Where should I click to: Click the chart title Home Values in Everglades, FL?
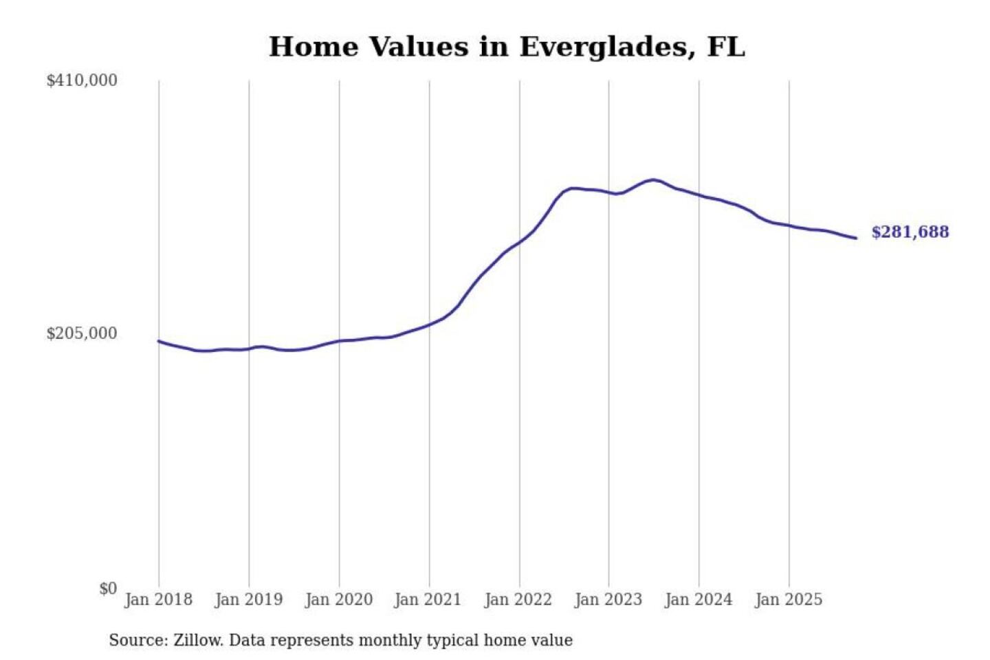tap(507, 47)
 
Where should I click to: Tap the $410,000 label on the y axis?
tap(82, 80)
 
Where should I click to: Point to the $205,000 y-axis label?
tap(82, 333)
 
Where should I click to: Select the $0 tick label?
tap(108, 588)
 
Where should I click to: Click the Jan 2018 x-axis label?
tap(158, 599)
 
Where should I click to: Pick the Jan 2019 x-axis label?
tap(248, 599)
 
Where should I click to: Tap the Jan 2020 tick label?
tap(338, 599)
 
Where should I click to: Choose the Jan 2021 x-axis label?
tap(428, 599)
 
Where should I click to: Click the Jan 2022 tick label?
tap(518, 599)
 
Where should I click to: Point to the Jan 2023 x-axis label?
tap(608, 599)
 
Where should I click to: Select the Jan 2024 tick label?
tap(698, 599)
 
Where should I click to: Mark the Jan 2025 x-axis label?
tap(788, 599)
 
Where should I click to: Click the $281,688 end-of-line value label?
tap(910, 232)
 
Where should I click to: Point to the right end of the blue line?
tap(856, 238)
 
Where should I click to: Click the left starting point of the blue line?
tap(159, 341)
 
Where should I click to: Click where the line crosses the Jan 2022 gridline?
tap(520, 241)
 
